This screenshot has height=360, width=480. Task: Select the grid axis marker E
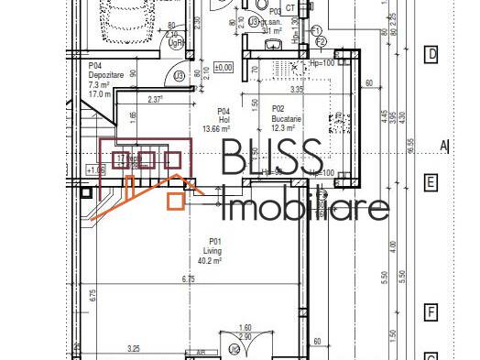(x=431, y=181)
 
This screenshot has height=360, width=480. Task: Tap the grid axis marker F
(x=431, y=313)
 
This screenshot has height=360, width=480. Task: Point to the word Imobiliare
(x=306, y=207)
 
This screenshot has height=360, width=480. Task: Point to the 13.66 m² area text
(x=216, y=129)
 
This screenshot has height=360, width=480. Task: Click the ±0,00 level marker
(x=224, y=67)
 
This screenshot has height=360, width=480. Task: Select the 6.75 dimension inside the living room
(x=189, y=278)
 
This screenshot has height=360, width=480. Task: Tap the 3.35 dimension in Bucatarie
(x=297, y=91)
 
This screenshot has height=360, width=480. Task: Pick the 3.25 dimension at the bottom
(x=134, y=348)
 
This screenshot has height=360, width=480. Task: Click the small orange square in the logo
(x=175, y=200)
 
